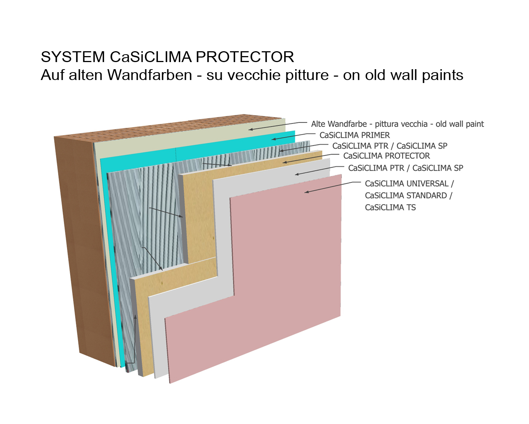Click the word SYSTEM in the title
click(x=73, y=57)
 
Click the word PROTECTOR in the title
click(x=245, y=57)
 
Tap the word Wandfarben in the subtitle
click(x=150, y=75)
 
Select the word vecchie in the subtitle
click(x=253, y=75)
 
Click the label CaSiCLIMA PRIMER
click(x=354, y=135)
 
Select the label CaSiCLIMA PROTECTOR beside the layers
click(x=386, y=156)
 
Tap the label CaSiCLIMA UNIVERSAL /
click(x=409, y=184)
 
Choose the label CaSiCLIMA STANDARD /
click(x=408, y=196)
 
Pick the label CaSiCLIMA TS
click(x=390, y=207)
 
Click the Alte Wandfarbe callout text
click(x=397, y=124)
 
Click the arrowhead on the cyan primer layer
click(x=273, y=139)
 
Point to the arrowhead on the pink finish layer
click(x=306, y=192)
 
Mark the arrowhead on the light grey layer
click(x=297, y=174)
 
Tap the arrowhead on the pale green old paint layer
click(x=251, y=129)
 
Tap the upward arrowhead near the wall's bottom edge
click(x=135, y=317)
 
